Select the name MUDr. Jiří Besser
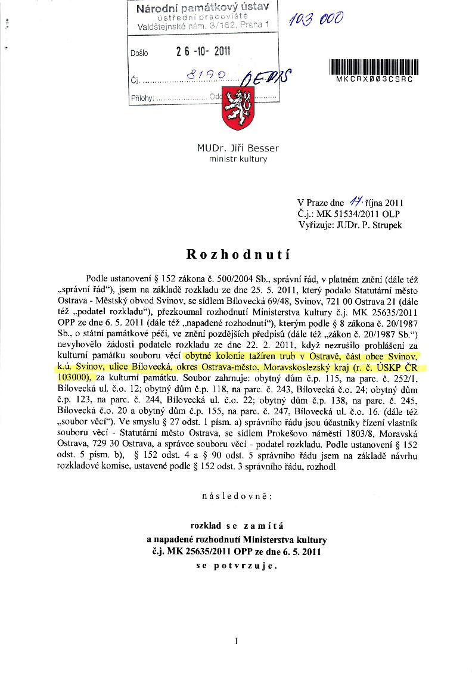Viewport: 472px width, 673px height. [x=238, y=148]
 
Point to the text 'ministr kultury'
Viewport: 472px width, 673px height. [x=238, y=159]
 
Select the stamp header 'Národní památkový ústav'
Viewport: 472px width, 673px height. [x=203, y=8]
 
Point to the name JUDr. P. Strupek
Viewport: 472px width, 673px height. [x=367, y=225]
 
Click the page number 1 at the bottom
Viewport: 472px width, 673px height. [x=237, y=641]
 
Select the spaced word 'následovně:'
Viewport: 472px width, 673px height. [x=237, y=495]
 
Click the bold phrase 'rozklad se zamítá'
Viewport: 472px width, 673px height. [x=237, y=526]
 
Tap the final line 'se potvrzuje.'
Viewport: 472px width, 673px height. [x=237, y=566]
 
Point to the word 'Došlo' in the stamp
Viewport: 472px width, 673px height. [x=139, y=53]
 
